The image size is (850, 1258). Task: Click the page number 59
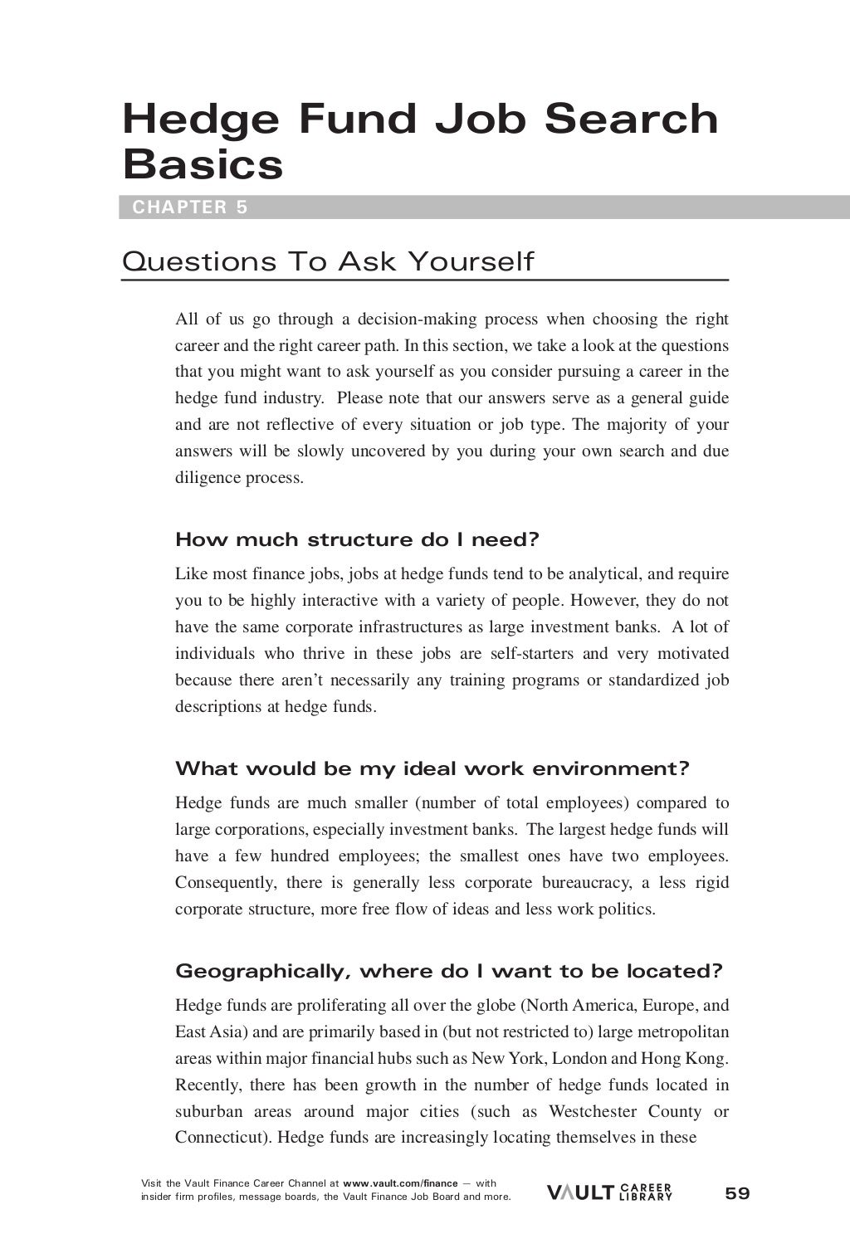(x=736, y=1193)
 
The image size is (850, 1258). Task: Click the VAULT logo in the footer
(x=580, y=1193)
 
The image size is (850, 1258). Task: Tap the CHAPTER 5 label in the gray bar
(x=190, y=207)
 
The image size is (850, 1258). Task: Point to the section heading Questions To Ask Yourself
(x=328, y=262)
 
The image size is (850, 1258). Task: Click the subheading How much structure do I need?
(x=357, y=540)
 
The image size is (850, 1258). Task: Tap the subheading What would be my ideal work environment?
(x=432, y=768)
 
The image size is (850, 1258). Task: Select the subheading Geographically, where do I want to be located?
(x=449, y=971)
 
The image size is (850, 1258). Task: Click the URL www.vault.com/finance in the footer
(x=400, y=1183)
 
